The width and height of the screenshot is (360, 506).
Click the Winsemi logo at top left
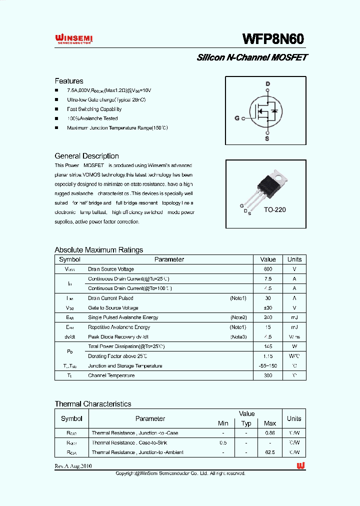[x=73, y=39]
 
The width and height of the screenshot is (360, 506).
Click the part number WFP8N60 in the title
[x=273, y=39]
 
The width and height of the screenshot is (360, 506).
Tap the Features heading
[x=69, y=81]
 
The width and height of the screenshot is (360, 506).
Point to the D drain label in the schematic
[x=267, y=83]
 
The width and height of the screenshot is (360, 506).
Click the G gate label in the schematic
[x=237, y=118]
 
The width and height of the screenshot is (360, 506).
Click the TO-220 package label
[x=274, y=210]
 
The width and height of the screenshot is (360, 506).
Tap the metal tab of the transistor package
[x=280, y=175]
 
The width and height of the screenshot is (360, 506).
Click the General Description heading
[x=86, y=156]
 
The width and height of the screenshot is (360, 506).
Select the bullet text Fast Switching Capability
[x=94, y=109]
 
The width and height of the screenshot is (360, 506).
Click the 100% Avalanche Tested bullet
[x=92, y=118]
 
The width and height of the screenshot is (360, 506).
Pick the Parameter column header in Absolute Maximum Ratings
[x=169, y=259]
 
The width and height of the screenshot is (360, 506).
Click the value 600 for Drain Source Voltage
[x=268, y=269]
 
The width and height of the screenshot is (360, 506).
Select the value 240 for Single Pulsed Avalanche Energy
[x=268, y=317]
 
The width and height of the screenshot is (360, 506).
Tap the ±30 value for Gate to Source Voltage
[x=268, y=308]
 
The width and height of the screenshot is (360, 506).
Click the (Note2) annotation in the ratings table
[x=238, y=317]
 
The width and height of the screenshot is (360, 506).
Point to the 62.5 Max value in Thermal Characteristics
[x=269, y=452]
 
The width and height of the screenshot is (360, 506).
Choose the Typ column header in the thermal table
[x=246, y=423]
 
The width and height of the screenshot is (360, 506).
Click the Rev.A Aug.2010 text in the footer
[x=73, y=466]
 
